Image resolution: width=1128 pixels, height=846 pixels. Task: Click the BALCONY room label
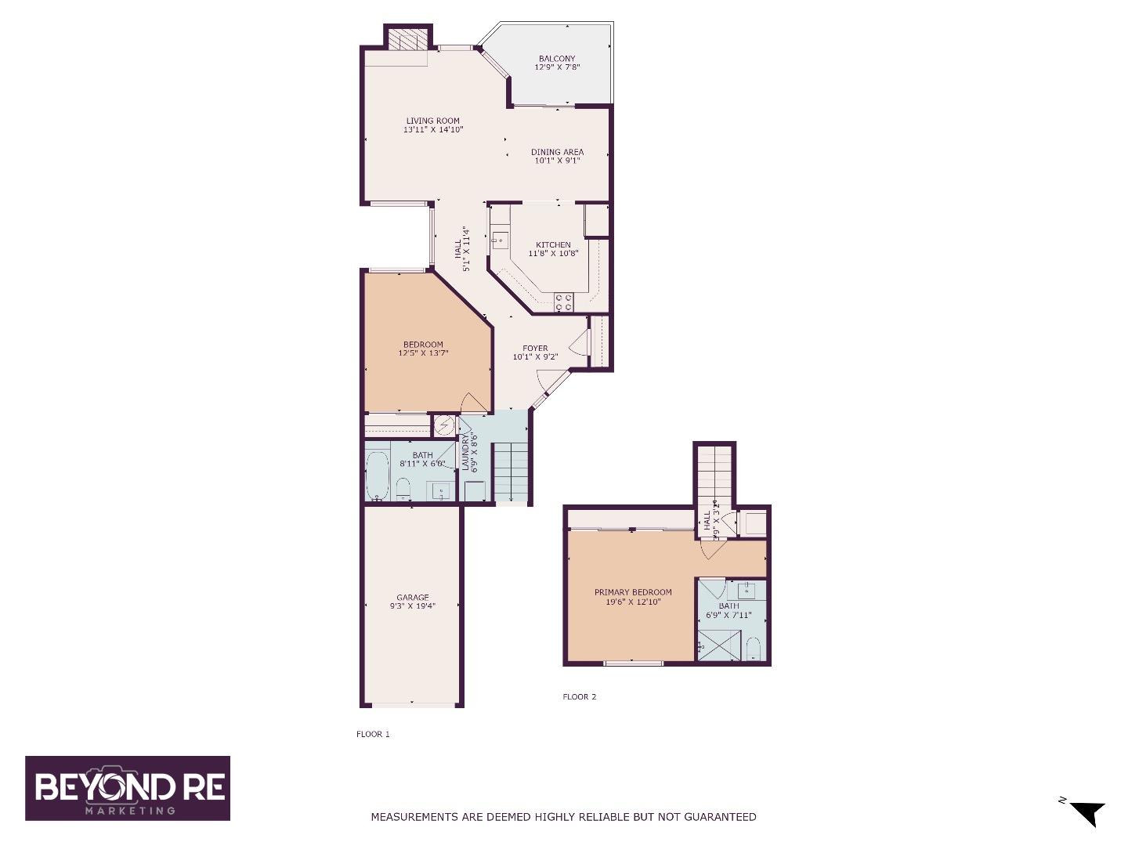pyautogui.click(x=557, y=59)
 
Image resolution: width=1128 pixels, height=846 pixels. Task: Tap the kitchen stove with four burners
pyautogui.click(x=563, y=302)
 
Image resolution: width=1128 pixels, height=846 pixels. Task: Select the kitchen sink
pyautogui.click(x=500, y=240)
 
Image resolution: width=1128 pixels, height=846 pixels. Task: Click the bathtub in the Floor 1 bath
pyautogui.click(x=378, y=475)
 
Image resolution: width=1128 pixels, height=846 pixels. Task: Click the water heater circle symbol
pyautogui.click(x=444, y=425)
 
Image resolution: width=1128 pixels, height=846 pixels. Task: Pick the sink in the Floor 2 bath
pyautogui.click(x=747, y=590)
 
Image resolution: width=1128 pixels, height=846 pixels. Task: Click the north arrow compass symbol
pyautogui.click(x=1086, y=812)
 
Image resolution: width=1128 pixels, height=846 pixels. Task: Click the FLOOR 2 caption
pyautogui.click(x=580, y=696)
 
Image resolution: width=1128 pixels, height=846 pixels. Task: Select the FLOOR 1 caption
pyautogui.click(x=373, y=734)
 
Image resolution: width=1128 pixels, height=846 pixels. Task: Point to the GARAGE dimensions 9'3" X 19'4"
pyautogui.click(x=412, y=606)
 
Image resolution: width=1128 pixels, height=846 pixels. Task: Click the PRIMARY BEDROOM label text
pyautogui.click(x=633, y=592)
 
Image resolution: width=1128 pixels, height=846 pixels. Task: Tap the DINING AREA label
pyautogui.click(x=557, y=152)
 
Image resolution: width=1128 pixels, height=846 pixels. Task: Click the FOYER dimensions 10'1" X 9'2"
pyautogui.click(x=535, y=357)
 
